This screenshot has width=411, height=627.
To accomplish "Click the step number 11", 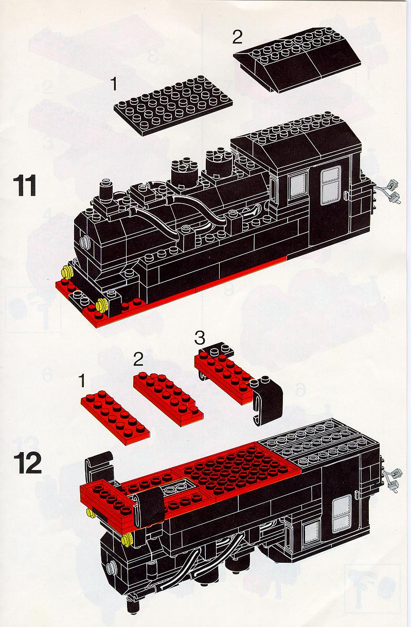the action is coord(25,185).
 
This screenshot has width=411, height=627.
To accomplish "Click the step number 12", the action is coord(27,463).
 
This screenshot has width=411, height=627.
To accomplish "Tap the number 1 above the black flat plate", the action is coord(113,84).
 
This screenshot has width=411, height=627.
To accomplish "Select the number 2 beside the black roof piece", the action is coord(237,37).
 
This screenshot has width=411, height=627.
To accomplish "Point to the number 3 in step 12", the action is coord(200,338).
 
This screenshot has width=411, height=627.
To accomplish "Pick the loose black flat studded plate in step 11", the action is coord(173,105).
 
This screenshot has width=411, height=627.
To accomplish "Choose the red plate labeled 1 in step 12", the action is coord(115,418).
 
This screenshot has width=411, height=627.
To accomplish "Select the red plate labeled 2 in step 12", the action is coord(168,399).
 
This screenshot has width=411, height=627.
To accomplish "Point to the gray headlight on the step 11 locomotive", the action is coord(84,241).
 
